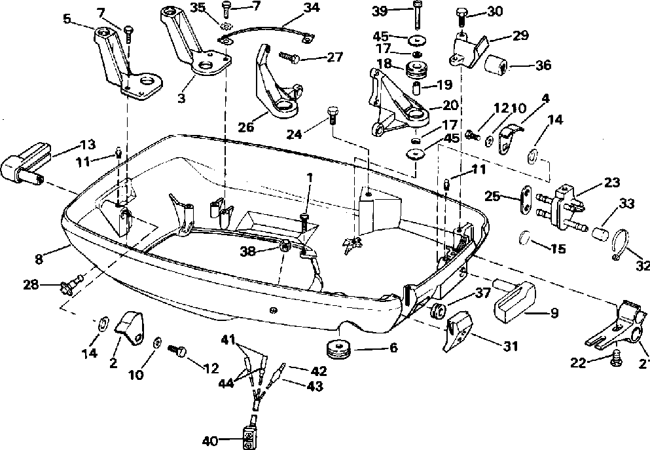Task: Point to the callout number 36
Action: point(543,65)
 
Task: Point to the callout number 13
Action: point(88,144)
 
